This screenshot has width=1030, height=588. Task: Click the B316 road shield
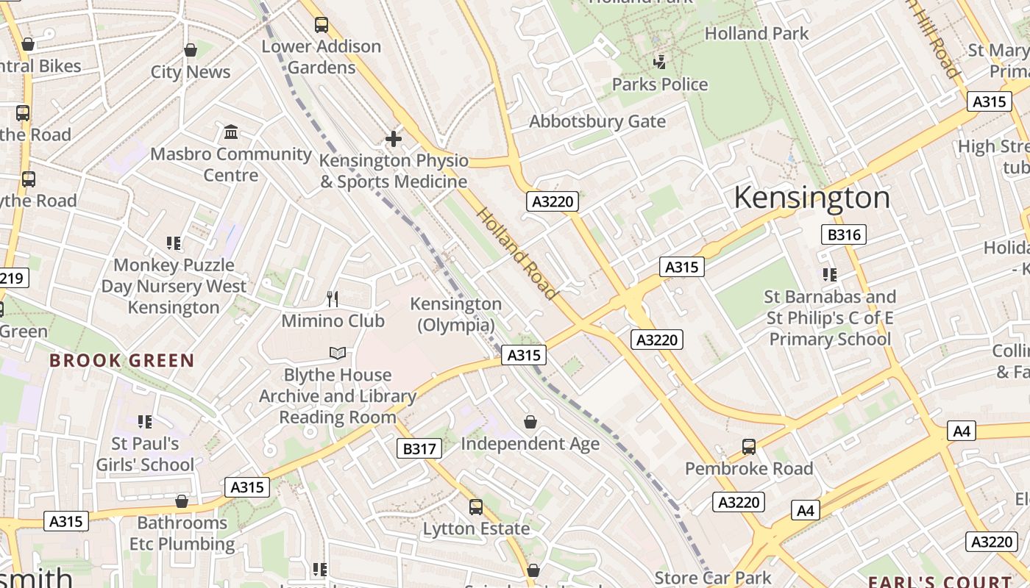tap(843, 234)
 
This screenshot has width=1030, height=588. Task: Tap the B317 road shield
tap(419, 448)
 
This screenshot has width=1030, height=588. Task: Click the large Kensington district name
tap(811, 198)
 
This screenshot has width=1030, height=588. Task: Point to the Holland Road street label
tap(516, 253)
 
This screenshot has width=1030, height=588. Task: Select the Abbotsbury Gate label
tap(597, 121)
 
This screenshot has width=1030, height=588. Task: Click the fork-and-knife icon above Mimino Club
tap(333, 298)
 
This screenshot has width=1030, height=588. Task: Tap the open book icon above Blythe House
tap(338, 354)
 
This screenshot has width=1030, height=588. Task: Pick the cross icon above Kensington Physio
tap(394, 138)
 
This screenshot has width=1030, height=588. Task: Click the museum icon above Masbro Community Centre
tap(231, 132)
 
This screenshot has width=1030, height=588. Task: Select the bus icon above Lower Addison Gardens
tap(322, 24)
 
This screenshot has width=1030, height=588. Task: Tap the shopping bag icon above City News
tap(191, 50)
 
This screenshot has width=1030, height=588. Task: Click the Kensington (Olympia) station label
tap(456, 314)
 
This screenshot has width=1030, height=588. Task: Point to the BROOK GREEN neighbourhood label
tap(122, 361)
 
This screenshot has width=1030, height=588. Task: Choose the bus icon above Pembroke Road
tap(749, 446)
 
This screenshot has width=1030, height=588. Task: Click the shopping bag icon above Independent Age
tap(530, 422)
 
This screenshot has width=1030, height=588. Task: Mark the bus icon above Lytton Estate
tap(476, 506)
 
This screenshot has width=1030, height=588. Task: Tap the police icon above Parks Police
tap(660, 62)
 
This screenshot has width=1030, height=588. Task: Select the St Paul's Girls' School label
tap(145, 454)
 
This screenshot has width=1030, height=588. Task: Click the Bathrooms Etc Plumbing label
tap(182, 534)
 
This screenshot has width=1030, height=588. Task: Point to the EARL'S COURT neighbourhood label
tap(940, 581)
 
